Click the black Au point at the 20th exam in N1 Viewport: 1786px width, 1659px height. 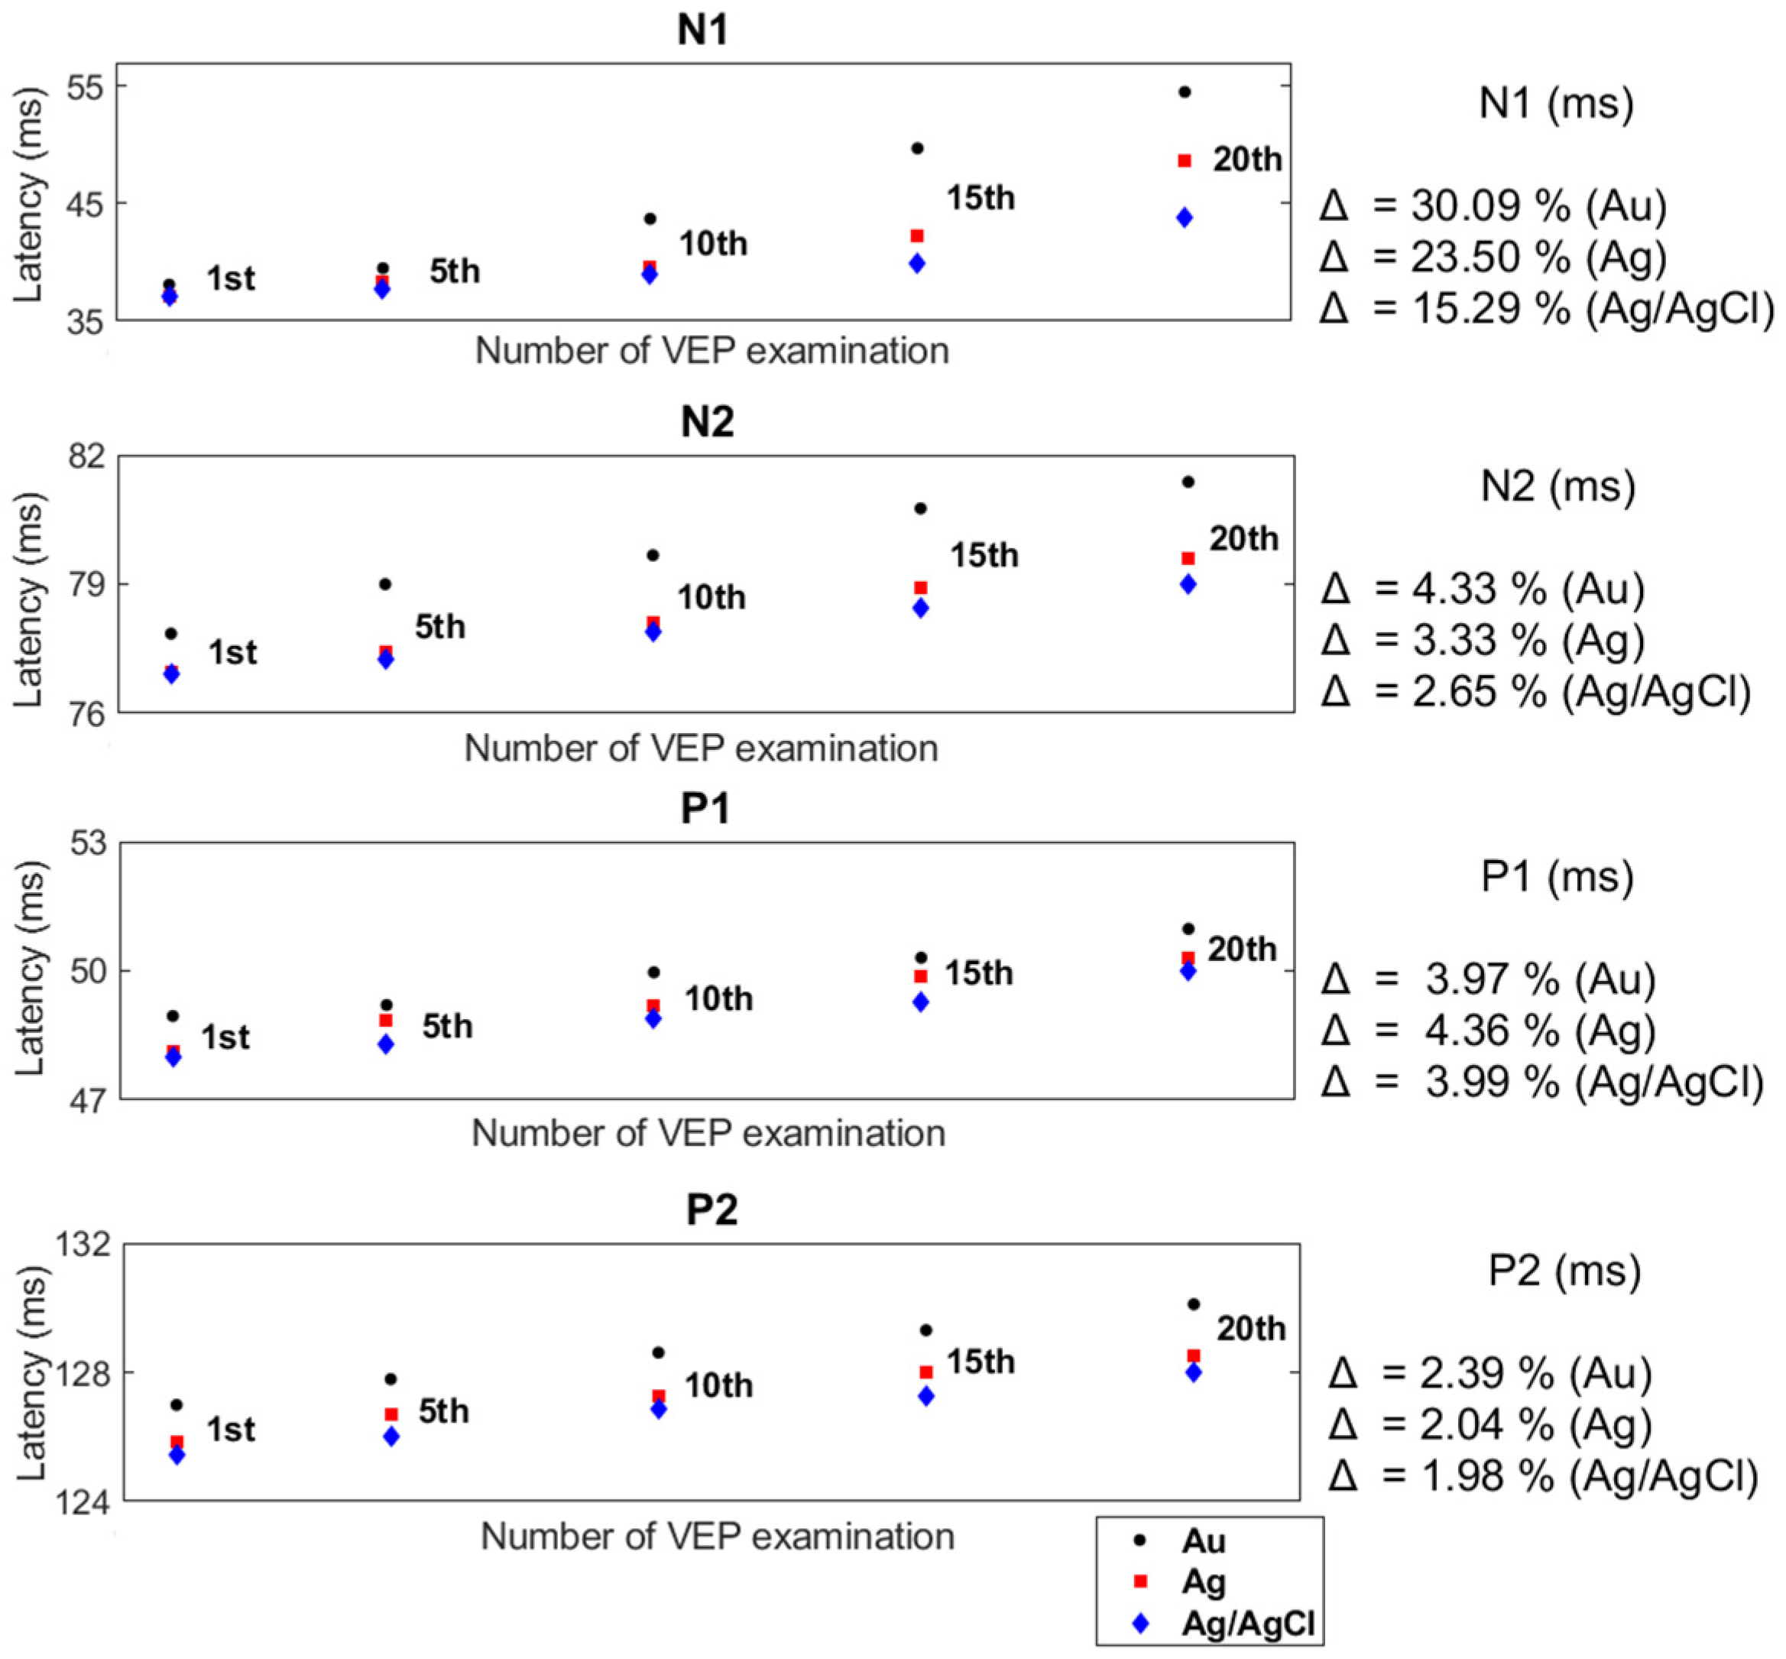point(1184,92)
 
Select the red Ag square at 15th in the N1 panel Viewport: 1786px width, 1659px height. point(917,236)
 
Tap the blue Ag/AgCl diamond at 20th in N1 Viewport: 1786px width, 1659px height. point(1185,217)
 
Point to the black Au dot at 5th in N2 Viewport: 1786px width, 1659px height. point(385,583)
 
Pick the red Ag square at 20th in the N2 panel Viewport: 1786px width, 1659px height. point(1188,558)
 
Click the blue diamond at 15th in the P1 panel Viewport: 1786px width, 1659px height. point(921,1002)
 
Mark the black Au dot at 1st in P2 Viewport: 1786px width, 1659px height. point(177,1405)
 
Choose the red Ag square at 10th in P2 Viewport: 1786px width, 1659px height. point(659,1397)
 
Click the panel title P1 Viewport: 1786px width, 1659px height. point(706,809)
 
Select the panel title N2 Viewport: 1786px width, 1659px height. point(707,422)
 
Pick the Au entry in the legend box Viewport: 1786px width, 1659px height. point(1203,1541)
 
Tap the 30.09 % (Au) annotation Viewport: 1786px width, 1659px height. point(1493,206)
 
